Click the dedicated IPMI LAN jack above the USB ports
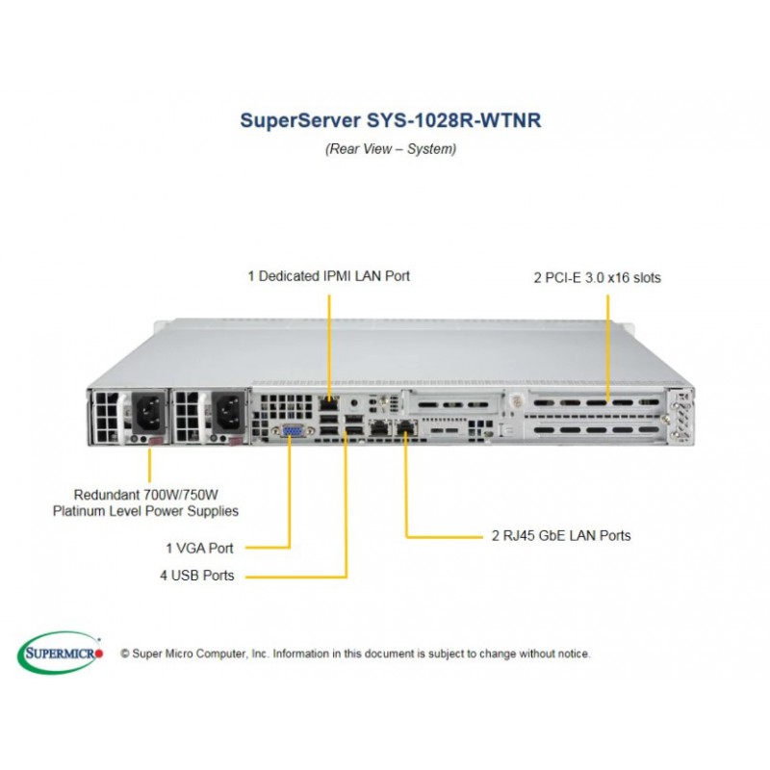point(328,403)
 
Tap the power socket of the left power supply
point(148,412)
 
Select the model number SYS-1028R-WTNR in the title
point(454,120)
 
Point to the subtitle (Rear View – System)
point(391,149)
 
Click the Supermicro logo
point(60,653)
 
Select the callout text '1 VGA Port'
point(199,548)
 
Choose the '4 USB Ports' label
point(197,575)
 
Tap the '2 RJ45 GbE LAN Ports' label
point(561,535)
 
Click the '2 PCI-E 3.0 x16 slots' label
point(597,277)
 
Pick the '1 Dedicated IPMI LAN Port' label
point(328,276)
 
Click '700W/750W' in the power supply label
point(181,494)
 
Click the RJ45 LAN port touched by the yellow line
point(405,428)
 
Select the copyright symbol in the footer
point(125,654)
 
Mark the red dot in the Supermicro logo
point(99,654)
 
